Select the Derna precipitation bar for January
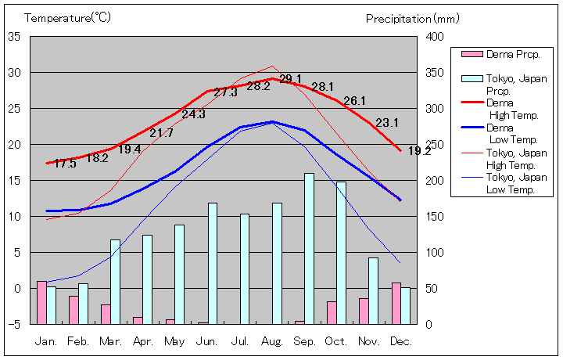(41, 302)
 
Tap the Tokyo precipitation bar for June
(213, 263)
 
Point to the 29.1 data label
(290, 78)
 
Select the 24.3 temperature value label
(193, 114)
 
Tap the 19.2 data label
(419, 151)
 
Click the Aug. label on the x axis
(272, 341)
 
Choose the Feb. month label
(79, 341)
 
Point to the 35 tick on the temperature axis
(15, 36)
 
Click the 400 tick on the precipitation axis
(435, 37)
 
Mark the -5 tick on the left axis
(15, 324)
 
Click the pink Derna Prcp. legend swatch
(472, 54)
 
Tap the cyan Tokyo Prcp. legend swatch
(472, 79)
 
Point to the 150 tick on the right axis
(435, 217)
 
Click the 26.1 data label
(354, 101)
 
